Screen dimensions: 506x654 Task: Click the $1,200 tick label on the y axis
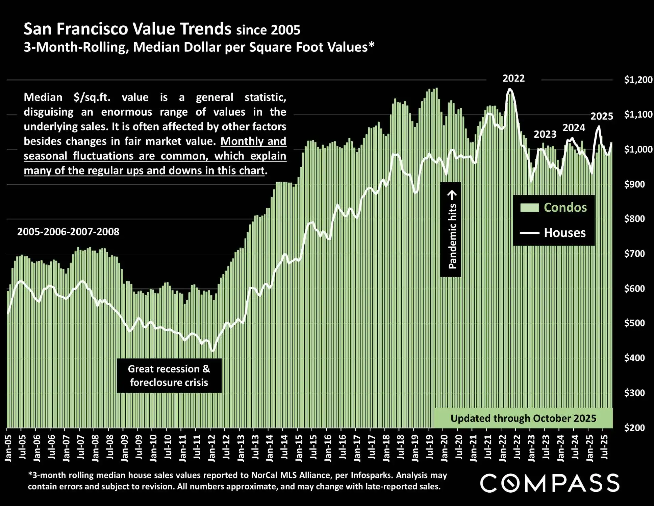[x=638, y=80]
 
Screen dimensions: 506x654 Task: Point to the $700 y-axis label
[x=634, y=254]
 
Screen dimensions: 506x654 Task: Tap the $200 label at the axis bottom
[x=634, y=428]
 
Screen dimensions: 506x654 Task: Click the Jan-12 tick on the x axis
[x=211, y=448]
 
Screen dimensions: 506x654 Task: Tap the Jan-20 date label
[x=444, y=448]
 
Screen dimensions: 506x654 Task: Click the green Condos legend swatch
[x=529, y=208]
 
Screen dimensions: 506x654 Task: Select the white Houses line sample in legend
[x=529, y=233]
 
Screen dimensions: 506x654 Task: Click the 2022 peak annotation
[x=513, y=78]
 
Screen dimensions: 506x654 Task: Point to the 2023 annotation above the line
[x=545, y=134]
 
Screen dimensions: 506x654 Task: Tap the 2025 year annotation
[x=602, y=116]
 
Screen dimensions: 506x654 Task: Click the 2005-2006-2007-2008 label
[x=68, y=232]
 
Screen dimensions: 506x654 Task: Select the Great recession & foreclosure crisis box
[x=169, y=375]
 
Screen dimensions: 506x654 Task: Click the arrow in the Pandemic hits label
[x=452, y=195]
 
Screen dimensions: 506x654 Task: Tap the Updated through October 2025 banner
[x=523, y=418]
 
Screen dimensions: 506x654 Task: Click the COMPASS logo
[x=550, y=483]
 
